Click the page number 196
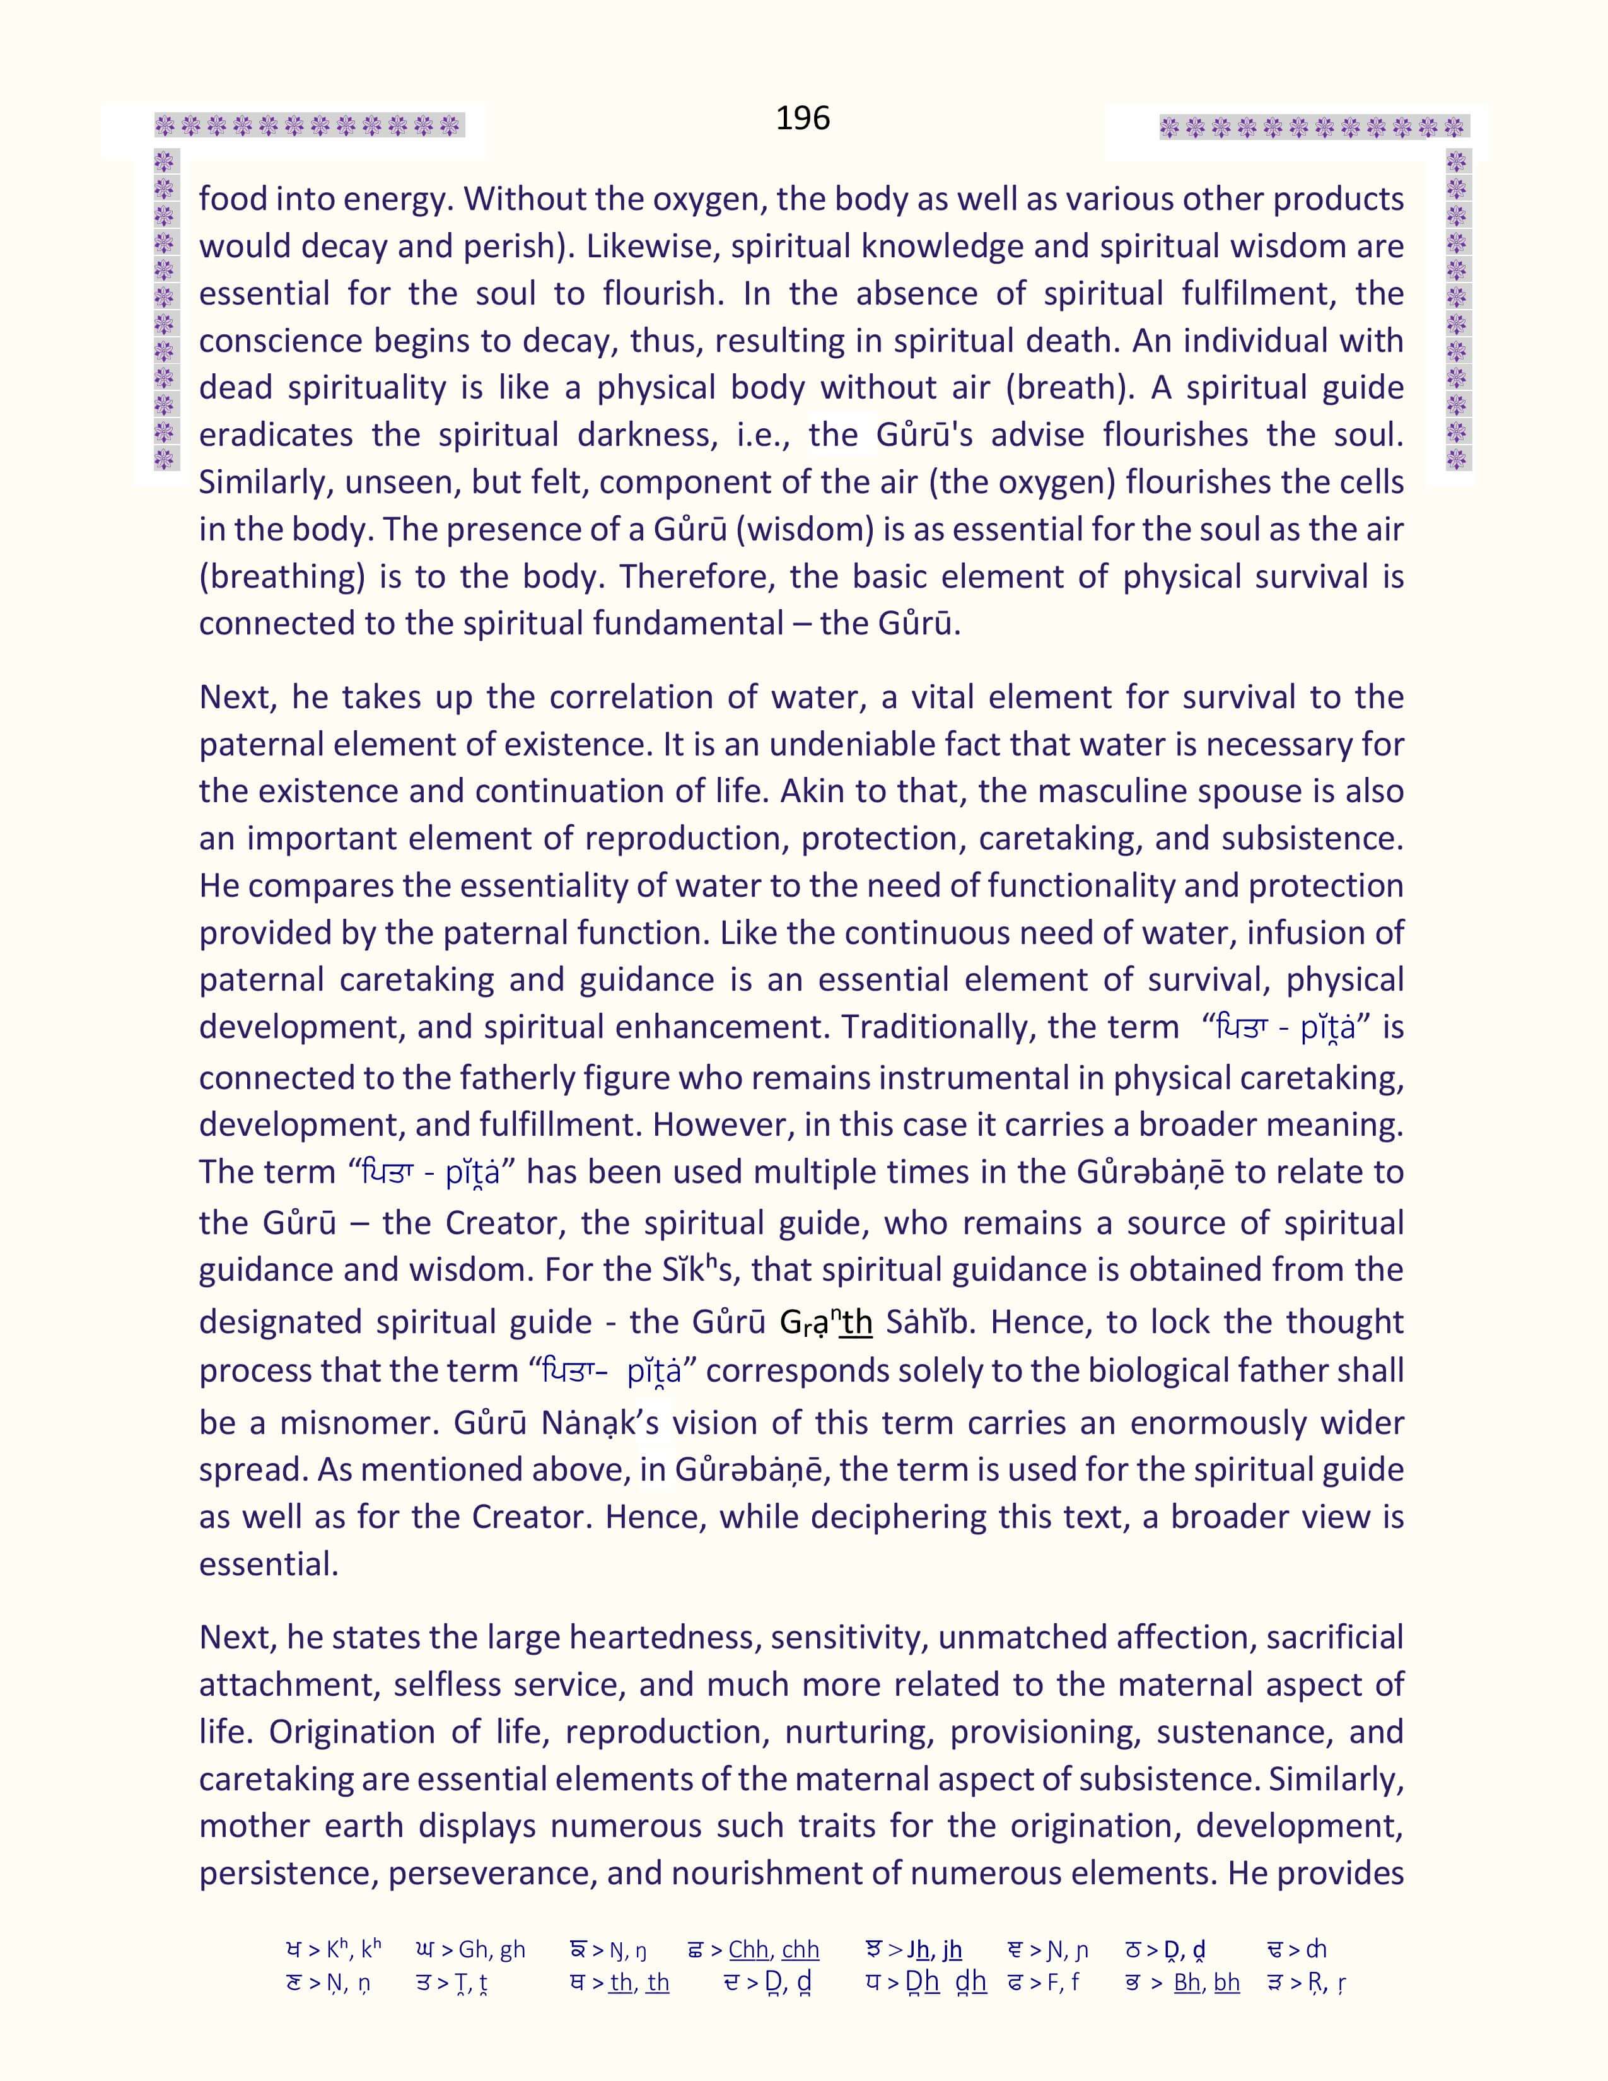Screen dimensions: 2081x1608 (x=802, y=118)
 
